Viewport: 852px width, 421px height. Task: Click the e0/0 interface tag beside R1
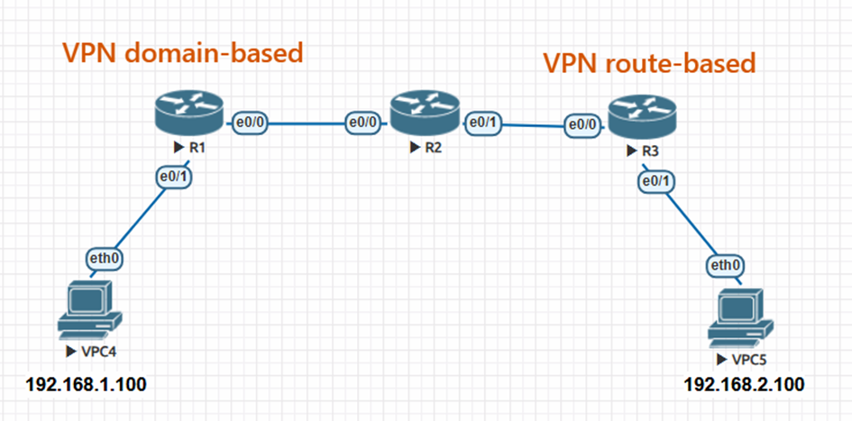[x=250, y=121]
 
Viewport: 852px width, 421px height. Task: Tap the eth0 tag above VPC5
[x=724, y=266]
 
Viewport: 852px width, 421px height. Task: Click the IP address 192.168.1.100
[x=87, y=386]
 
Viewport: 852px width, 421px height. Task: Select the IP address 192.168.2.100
[x=745, y=386]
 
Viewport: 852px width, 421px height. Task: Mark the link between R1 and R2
[x=307, y=122]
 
